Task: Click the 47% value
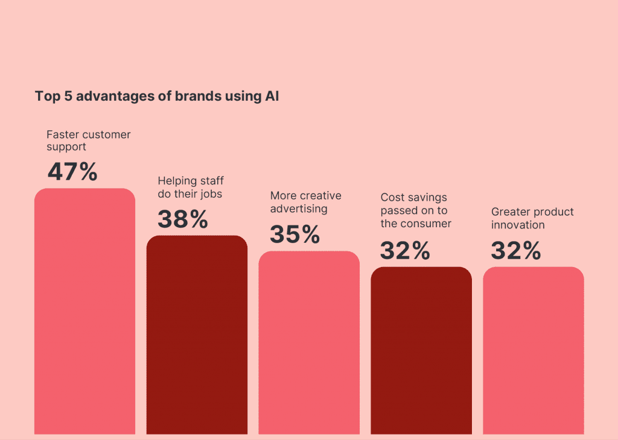pos(72,172)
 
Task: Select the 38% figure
pos(183,219)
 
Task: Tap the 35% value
pos(295,234)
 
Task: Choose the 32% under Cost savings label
pos(405,250)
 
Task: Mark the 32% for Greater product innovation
pos(516,250)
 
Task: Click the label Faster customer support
pos(88,140)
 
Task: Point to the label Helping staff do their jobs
pos(190,187)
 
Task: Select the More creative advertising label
pos(305,203)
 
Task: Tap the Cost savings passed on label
pos(416,210)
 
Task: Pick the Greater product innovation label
pos(532,218)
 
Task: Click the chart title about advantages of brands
pos(157,96)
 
